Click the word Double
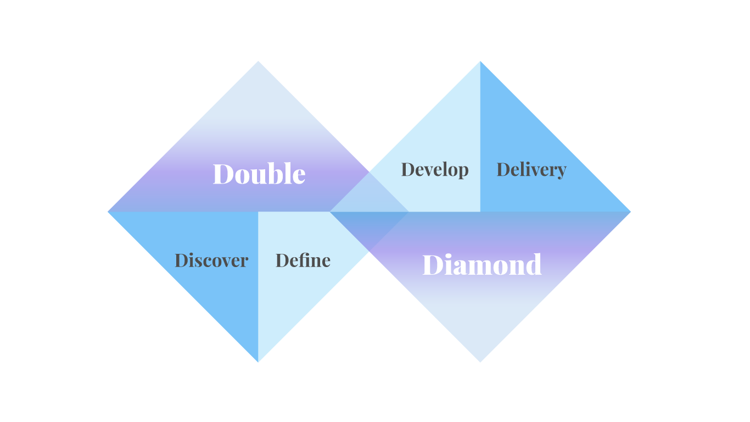[x=259, y=174]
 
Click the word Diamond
[x=482, y=265]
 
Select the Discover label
[x=211, y=260]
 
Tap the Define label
[x=303, y=260]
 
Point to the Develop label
[x=435, y=170]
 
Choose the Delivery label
[x=531, y=170]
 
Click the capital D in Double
[x=222, y=174]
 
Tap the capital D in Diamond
[x=432, y=265]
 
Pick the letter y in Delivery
[x=561, y=172]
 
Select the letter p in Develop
[x=463, y=172]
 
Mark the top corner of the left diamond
[x=258, y=62]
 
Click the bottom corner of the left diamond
[x=258, y=361]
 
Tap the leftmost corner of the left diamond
[x=109, y=212]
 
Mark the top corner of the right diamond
[x=480, y=62]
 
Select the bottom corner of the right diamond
[x=480, y=361]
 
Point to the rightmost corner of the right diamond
[x=629, y=212]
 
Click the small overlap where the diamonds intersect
[x=369, y=212]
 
